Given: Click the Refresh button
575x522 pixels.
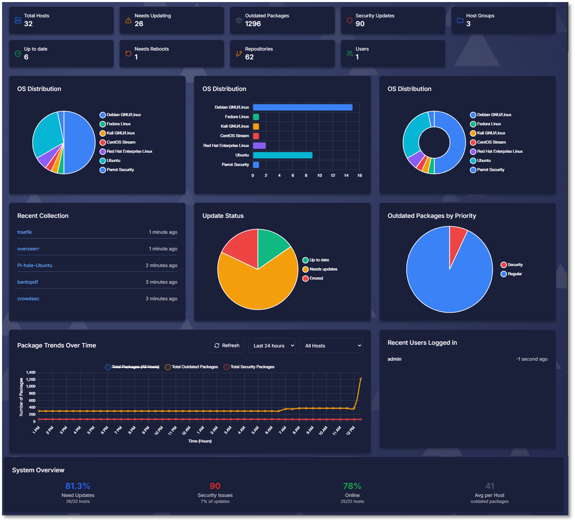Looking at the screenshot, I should (227, 346).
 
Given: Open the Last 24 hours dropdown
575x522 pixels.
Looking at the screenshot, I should (272, 346).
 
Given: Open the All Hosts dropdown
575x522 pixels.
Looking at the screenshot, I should (331, 346).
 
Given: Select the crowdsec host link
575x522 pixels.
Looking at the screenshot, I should (28, 299).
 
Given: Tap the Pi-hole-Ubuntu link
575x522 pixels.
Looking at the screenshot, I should (35, 265).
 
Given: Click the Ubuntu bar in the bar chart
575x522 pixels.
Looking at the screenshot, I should (282, 155).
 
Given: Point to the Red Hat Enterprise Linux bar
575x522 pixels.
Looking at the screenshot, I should (259, 146).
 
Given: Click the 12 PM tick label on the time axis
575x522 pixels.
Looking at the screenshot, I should (351, 430).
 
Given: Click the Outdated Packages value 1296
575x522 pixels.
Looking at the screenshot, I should (253, 24).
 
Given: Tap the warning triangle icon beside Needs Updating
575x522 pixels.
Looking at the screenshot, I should (128, 20).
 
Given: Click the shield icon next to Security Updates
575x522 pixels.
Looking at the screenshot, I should (349, 20).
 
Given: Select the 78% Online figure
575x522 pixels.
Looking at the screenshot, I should (352, 486).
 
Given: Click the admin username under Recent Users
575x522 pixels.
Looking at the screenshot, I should (394, 359).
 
